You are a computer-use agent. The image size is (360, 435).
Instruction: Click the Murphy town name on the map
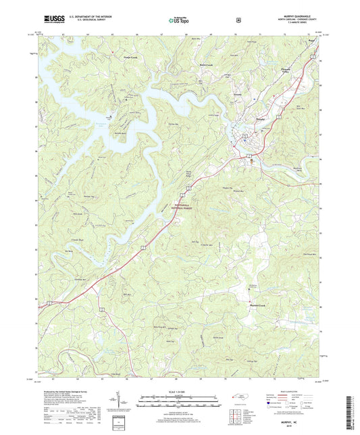pyautogui.click(x=242, y=116)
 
